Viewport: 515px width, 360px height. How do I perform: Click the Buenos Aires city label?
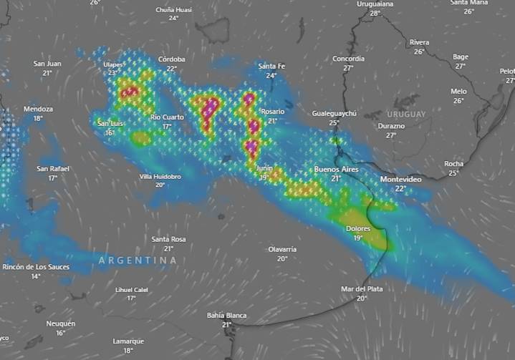[x=336, y=170]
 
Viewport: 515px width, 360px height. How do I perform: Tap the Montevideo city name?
[x=400, y=179]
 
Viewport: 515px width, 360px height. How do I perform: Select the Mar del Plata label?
[x=362, y=289]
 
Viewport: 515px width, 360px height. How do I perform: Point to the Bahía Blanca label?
[x=226, y=315]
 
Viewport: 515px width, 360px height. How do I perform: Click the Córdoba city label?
[x=172, y=59]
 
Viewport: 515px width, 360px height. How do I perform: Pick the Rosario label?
[x=272, y=112]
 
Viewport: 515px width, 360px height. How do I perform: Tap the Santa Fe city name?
[x=271, y=67]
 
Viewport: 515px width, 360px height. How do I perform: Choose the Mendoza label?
[x=38, y=109]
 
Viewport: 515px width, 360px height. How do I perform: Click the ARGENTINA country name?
[x=138, y=260]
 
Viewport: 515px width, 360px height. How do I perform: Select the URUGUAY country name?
[x=406, y=115]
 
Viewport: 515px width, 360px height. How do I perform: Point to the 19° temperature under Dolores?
[x=357, y=238]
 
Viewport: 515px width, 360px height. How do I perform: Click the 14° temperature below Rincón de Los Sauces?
[x=36, y=276]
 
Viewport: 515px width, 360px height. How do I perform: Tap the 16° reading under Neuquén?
[x=61, y=333]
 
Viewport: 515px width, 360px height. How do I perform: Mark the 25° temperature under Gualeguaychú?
[x=334, y=123]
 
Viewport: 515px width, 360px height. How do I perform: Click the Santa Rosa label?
[x=168, y=239]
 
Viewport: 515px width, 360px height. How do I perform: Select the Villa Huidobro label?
[x=160, y=176]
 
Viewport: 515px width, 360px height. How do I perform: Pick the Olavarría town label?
[x=282, y=249]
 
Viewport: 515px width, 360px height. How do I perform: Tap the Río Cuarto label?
[x=167, y=117]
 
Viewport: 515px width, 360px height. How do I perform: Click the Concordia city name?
[x=348, y=59]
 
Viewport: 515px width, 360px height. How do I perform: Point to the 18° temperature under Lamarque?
[x=128, y=351]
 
